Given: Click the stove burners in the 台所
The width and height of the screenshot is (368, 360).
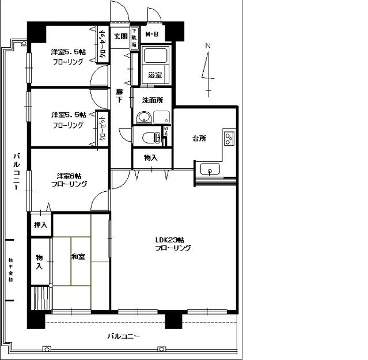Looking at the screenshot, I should [229, 138].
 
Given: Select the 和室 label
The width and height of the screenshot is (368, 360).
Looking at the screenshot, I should [78, 256].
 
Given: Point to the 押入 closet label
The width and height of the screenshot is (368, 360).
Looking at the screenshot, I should [40, 225].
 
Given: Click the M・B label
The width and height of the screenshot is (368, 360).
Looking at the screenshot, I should [151, 35].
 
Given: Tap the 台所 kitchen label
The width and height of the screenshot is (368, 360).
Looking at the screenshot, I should [199, 139].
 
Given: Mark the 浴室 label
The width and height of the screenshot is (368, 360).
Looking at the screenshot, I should [154, 75].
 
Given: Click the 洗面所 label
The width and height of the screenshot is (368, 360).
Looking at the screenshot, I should [153, 100].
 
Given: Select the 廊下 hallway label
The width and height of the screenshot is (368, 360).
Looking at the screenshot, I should [119, 96].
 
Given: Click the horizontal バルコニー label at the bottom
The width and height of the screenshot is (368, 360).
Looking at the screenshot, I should [123, 336].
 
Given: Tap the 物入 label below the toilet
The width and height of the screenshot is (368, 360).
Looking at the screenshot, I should [151, 157].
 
